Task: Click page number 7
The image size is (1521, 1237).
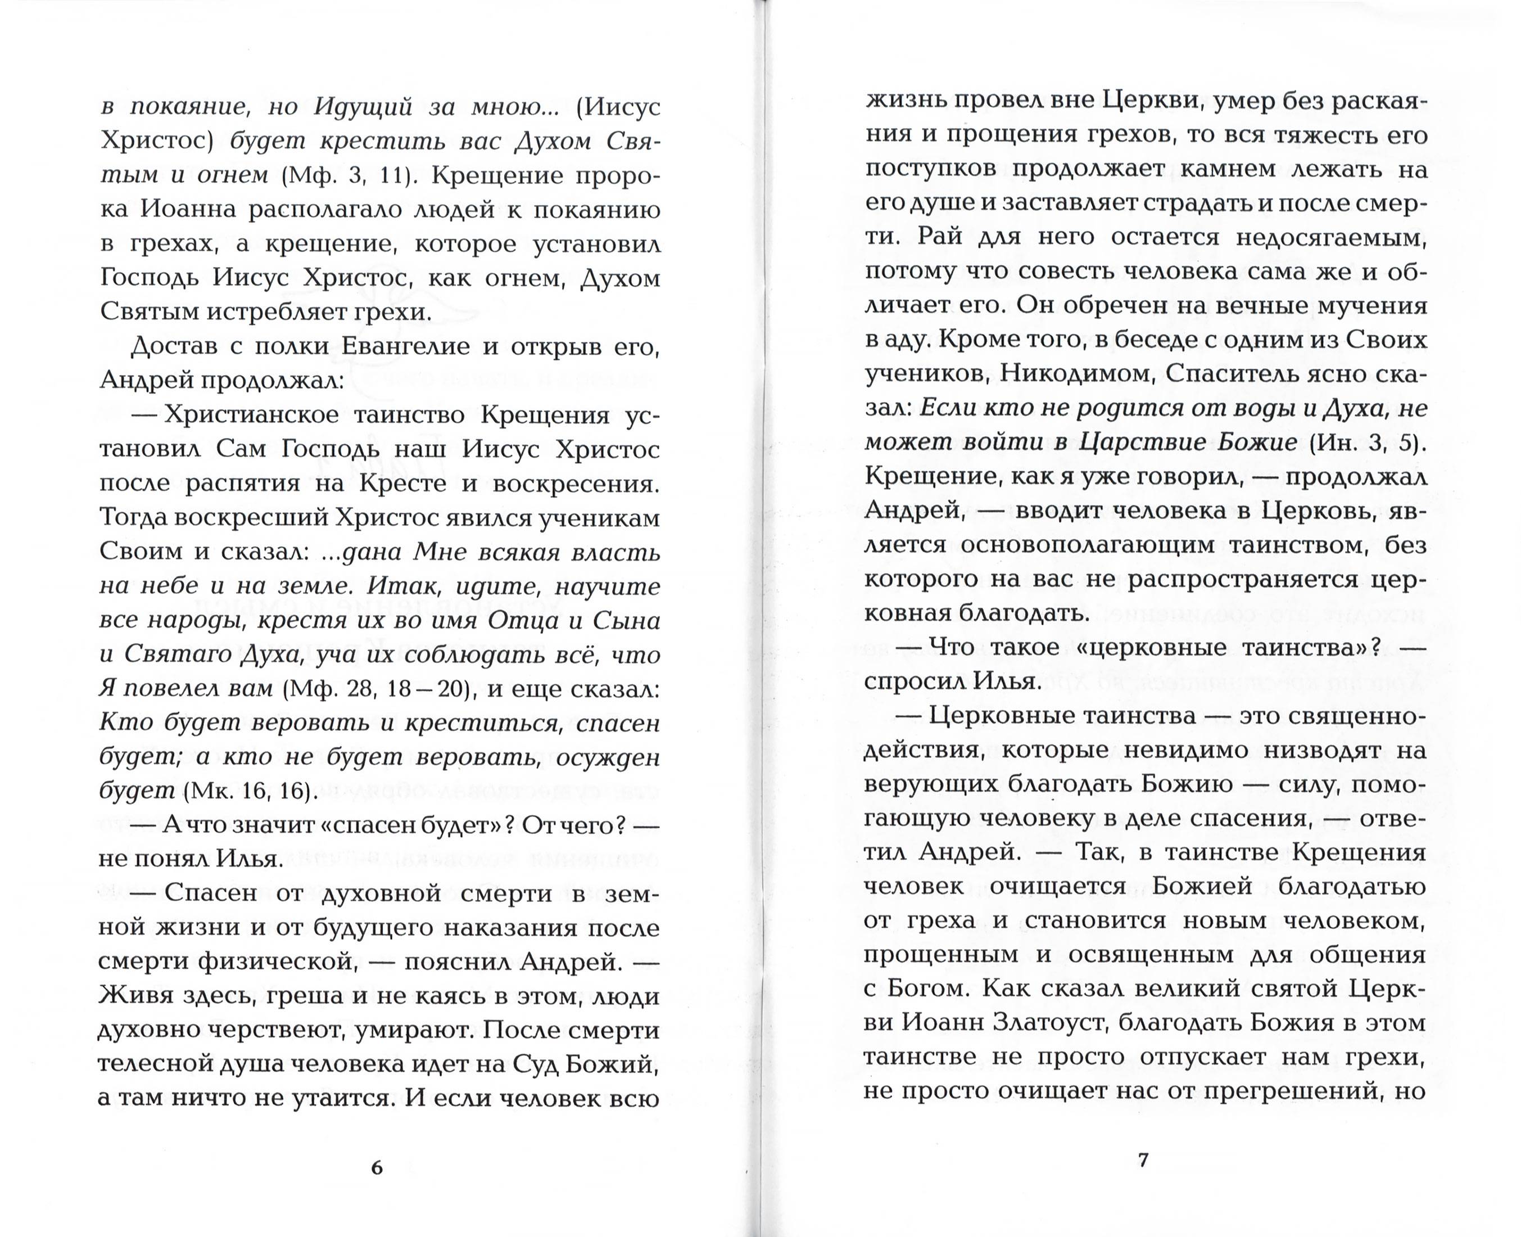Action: point(1143,1159)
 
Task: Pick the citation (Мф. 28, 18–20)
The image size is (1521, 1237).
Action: point(375,689)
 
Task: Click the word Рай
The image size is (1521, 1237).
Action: point(940,237)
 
